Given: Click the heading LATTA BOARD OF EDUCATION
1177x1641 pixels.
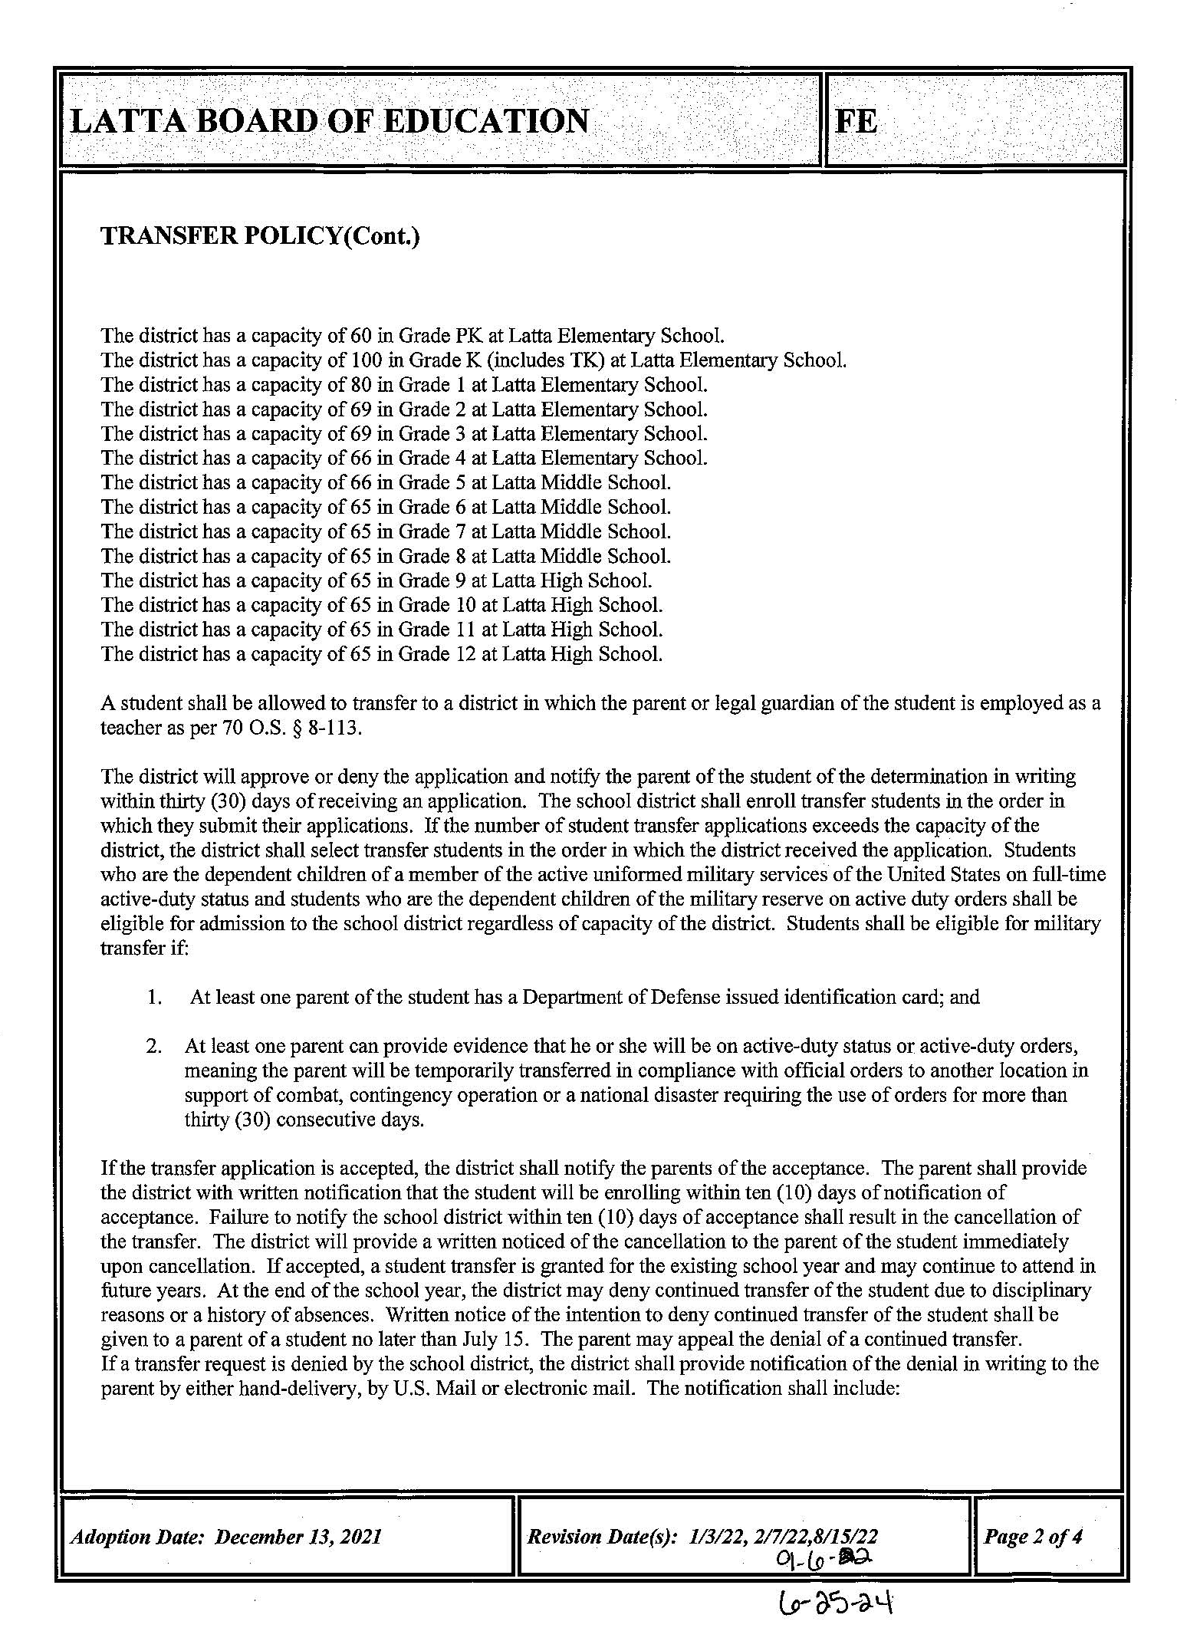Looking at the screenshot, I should point(330,121).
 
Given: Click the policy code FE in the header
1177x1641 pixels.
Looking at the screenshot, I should point(856,121).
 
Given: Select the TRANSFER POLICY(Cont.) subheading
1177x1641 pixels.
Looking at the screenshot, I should point(261,236).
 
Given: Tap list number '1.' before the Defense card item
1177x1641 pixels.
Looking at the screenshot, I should point(154,997).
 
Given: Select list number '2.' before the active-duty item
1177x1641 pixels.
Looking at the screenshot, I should point(154,1046).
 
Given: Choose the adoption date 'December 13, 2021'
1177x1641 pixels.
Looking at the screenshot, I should point(299,1537).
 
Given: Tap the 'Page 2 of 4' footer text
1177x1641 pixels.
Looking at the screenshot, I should point(1033,1536).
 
